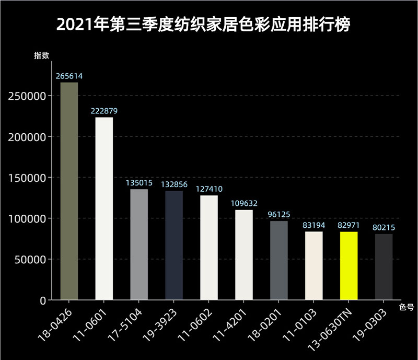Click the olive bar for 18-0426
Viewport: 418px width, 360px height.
click(69, 191)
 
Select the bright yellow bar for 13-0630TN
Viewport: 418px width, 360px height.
click(349, 266)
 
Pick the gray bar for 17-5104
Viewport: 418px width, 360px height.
click(139, 245)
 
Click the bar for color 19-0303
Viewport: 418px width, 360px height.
click(384, 267)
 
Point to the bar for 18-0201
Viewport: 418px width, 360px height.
click(279, 261)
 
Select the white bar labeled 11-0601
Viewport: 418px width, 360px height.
click(104, 208)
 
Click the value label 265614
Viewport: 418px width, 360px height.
click(69, 76)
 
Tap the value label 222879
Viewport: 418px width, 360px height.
click(104, 111)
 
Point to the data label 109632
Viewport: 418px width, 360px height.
click(244, 203)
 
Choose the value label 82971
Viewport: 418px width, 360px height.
click(349, 225)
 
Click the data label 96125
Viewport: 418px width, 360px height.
click(279, 215)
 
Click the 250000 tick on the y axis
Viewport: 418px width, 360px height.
click(28, 96)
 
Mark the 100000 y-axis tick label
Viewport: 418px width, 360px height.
click(28, 218)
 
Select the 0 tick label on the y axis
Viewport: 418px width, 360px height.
click(43, 300)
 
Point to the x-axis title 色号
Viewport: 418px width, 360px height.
click(407, 308)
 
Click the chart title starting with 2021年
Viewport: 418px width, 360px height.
click(203, 25)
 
